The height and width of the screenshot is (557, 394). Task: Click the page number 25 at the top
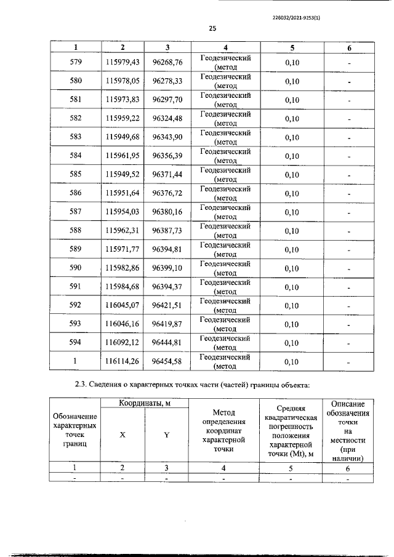(212, 28)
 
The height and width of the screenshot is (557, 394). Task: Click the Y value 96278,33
(167, 81)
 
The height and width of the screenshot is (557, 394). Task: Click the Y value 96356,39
(167, 156)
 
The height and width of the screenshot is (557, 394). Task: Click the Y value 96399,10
(167, 268)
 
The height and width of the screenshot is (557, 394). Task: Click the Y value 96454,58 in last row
(167, 362)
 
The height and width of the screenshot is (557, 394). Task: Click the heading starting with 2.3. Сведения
(191, 385)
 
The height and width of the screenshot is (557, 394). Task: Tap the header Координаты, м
(145, 403)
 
